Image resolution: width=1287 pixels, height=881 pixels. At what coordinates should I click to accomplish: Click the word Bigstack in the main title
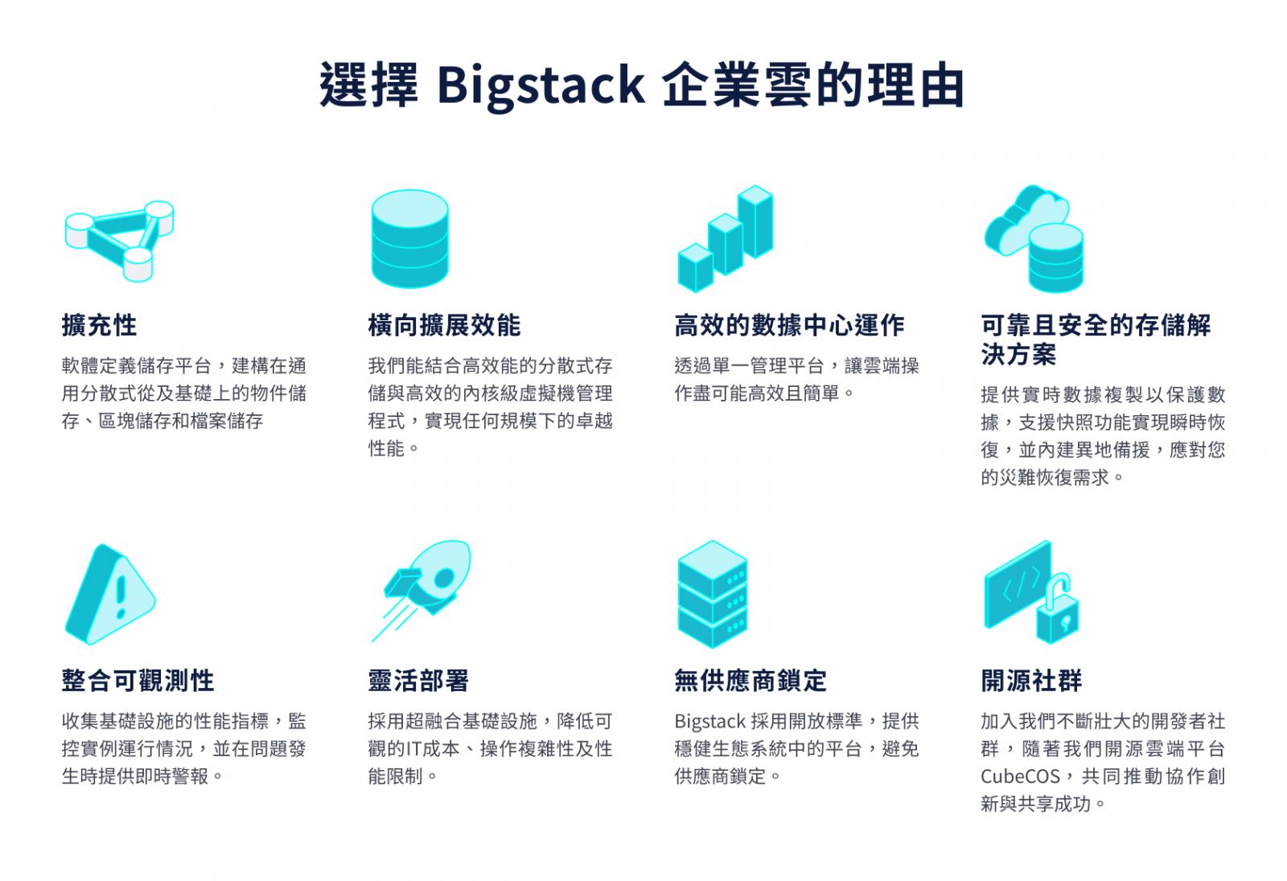coord(541,86)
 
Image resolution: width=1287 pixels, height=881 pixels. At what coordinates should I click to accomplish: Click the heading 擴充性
coord(100,325)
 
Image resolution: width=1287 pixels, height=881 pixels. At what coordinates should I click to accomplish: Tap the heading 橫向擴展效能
coord(444,325)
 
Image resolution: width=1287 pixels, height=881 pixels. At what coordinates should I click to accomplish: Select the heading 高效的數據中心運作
coord(789,325)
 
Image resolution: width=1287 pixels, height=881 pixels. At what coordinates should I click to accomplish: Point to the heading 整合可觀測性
coord(138,681)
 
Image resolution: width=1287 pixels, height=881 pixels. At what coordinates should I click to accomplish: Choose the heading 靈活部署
coord(418,681)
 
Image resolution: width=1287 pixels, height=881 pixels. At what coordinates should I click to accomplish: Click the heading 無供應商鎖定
coord(751,681)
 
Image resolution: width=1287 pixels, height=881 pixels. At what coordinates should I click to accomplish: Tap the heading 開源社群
coord(1031,681)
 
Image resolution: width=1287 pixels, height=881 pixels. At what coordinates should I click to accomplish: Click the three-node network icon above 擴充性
coord(120,241)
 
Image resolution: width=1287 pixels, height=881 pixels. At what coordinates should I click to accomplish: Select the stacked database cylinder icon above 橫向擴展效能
coord(409,238)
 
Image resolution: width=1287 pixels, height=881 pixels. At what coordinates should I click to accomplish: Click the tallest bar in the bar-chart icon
coord(755,221)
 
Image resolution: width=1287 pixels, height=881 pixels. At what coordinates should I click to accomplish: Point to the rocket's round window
coord(444,578)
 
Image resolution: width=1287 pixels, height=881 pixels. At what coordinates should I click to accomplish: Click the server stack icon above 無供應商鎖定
coord(713,595)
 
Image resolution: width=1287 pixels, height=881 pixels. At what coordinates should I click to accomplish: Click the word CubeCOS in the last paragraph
coord(1020,776)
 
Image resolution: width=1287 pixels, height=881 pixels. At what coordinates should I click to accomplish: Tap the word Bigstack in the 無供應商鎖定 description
coord(710,722)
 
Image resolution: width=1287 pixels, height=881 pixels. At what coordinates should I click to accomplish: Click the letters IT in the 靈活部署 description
coord(413,749)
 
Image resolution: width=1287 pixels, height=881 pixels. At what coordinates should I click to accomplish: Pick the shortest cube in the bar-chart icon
coord(696,268)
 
